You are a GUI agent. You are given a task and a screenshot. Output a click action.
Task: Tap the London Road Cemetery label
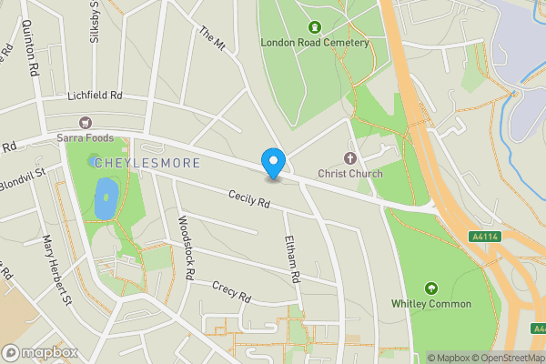315,42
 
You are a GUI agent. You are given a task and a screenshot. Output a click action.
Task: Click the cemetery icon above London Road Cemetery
316,26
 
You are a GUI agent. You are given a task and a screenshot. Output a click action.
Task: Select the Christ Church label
350,173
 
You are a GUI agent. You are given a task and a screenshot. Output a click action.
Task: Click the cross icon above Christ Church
350,157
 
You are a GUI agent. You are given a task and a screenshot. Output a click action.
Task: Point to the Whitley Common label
431,303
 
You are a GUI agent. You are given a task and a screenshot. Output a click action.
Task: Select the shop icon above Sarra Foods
86,122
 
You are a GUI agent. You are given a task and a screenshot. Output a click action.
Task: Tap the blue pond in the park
105,197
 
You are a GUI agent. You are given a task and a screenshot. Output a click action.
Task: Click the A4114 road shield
484,237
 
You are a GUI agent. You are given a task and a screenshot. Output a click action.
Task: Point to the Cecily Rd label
250,199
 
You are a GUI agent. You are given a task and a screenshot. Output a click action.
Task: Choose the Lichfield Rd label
95,96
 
